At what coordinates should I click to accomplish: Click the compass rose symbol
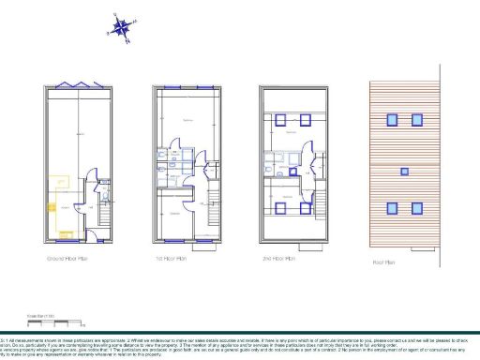(x=121, y=26)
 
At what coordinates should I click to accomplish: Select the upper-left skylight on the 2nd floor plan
(x=280, y=119)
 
